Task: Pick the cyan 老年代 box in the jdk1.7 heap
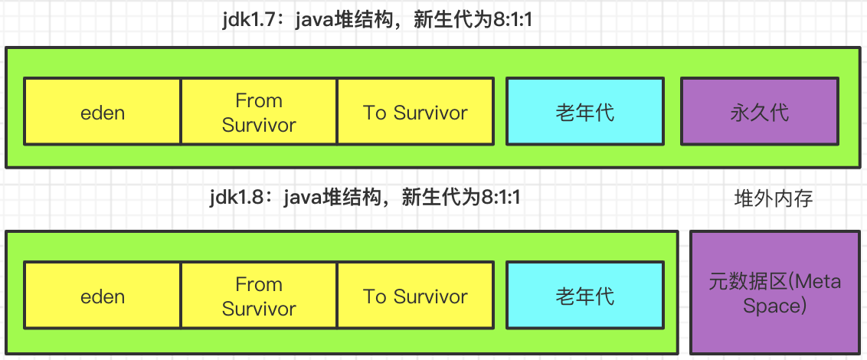584,112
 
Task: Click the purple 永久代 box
759,112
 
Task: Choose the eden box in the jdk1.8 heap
103,296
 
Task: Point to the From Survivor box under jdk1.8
259,296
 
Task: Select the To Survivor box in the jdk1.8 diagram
414,296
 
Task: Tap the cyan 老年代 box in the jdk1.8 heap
584,296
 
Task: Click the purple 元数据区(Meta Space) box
775,293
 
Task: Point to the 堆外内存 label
774,199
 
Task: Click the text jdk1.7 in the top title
247,20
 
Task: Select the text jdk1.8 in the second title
237,198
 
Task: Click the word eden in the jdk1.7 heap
103,113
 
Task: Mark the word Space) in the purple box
774,306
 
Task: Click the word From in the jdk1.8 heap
259,284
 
